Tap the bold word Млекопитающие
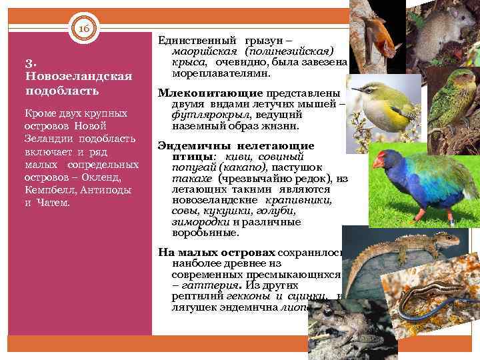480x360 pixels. [x=199, y=94]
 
